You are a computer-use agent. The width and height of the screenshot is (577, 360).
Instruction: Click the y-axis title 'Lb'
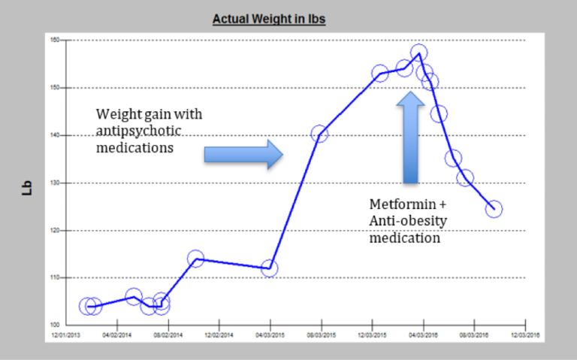[x=27, y=188]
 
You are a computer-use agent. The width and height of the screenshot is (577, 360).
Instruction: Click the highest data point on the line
[x=419, y=53]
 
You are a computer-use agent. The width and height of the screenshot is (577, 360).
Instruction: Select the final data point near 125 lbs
[x=494, y=209]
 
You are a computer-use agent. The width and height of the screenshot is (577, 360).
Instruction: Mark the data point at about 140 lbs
[x=319, y=134]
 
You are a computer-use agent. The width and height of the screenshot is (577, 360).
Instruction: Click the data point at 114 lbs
[x=195, y=259]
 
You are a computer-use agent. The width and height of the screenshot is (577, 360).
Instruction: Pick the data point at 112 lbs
[x=269, y=268]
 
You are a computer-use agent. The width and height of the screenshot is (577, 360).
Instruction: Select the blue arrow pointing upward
[x=410, y=137]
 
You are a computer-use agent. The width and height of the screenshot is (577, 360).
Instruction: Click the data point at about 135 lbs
[x=453, y=159]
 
